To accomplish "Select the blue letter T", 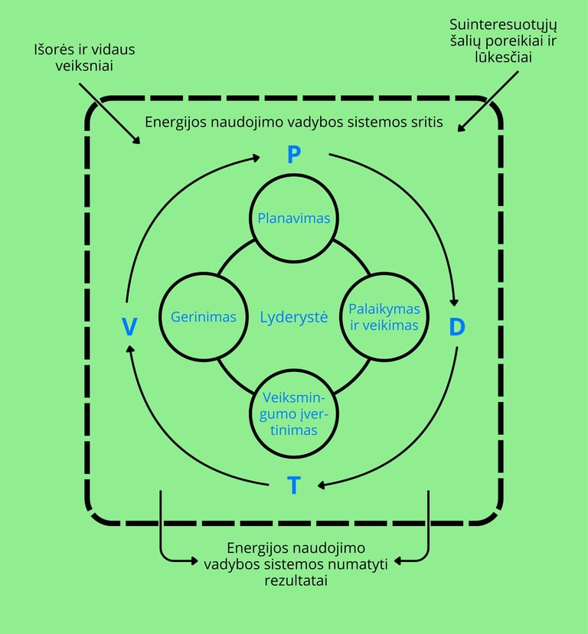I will click(294, 485).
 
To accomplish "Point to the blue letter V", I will click(129, 328).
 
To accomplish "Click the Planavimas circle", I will click(294, 218).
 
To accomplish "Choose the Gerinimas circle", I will click(203, 317).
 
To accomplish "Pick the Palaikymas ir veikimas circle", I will click(384, 317).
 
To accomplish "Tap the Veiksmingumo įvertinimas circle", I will click(294, 414).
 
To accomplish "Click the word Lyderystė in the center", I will click(294, 317).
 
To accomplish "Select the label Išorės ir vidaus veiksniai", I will click(84, 57).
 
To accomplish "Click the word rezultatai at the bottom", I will click(294, 580).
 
